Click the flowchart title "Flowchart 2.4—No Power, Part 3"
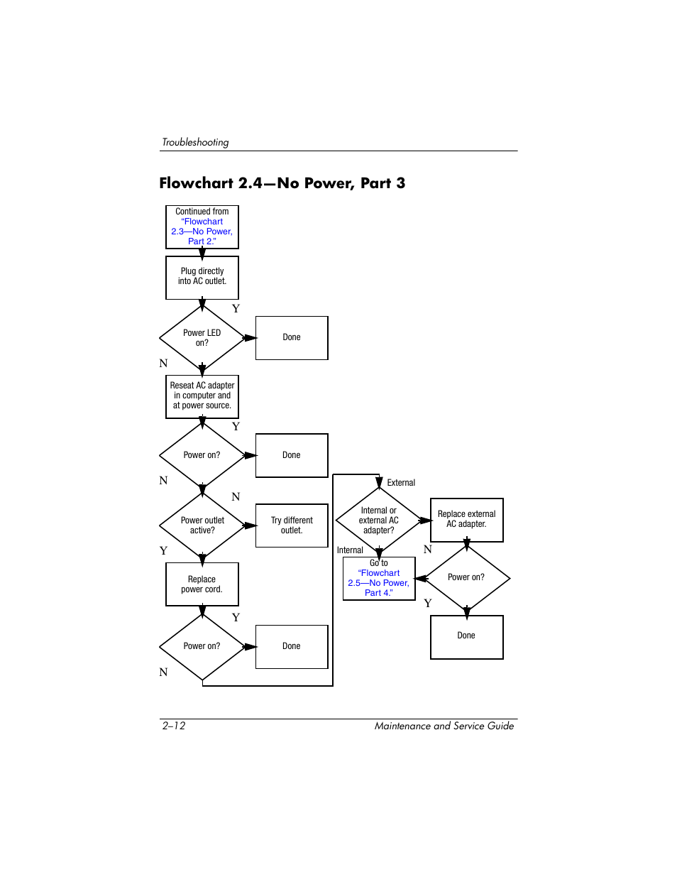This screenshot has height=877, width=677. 282,183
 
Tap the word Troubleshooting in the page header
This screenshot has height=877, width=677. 195,142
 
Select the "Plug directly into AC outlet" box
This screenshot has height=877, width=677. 202,277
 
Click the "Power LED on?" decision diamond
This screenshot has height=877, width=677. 202,338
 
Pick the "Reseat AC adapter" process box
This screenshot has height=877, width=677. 202,396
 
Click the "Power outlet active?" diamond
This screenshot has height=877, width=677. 202,525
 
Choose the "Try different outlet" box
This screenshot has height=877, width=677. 292,525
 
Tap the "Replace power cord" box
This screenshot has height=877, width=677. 202,584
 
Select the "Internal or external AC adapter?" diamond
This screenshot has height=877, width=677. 379,521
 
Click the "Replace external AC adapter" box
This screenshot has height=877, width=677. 466,519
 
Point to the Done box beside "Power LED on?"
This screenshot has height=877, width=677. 292,337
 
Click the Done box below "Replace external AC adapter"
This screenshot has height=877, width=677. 466,636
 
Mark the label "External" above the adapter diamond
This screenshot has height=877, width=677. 401,483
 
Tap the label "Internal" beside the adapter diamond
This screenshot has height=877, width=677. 350,550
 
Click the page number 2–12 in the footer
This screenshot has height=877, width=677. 174,726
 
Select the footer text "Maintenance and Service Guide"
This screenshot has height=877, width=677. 444,726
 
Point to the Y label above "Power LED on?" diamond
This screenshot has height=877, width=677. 236,309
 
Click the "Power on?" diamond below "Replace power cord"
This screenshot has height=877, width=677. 202,646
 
